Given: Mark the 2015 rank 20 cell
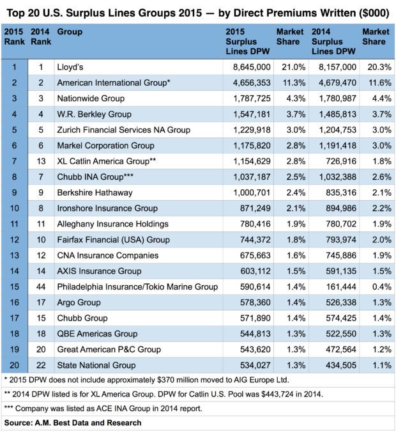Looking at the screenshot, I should click(x=14, y=365).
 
